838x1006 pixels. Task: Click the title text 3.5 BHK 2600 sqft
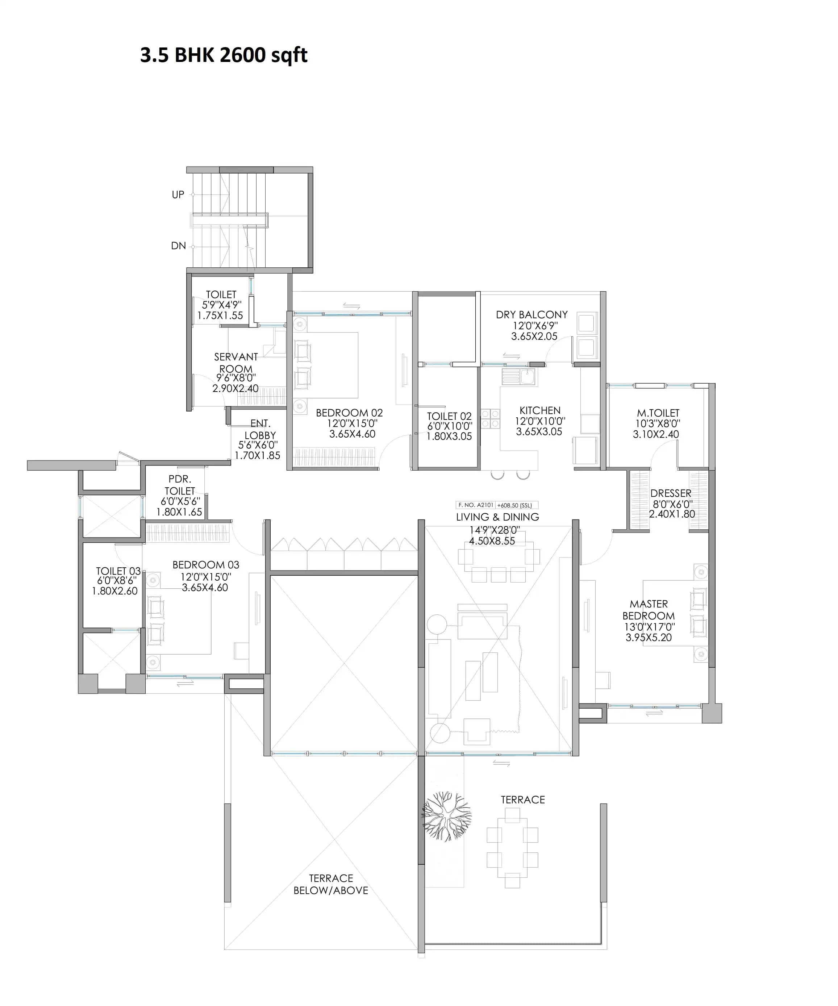(223, 55)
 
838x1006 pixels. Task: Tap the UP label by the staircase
(178, 195)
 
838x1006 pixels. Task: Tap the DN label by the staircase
(178, 246)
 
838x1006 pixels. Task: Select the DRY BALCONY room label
(531, 315)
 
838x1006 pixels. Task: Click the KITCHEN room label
(539, 410)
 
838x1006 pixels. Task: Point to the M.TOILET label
(658, 413)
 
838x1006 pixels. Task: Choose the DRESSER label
(670, 493)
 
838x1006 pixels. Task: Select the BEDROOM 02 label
(349, 413)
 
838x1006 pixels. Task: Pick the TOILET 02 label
(449, 416)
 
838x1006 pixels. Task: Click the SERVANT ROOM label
(236, 363)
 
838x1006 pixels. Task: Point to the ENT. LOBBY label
(260, 429)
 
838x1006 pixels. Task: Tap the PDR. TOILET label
(180, 485)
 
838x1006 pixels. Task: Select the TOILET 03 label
(118, 571)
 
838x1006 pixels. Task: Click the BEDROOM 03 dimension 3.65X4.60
(205, 588)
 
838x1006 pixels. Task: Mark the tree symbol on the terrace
(447, 816)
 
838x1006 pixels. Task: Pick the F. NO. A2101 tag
(475, 505)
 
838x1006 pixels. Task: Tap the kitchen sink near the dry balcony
(520, 376)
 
